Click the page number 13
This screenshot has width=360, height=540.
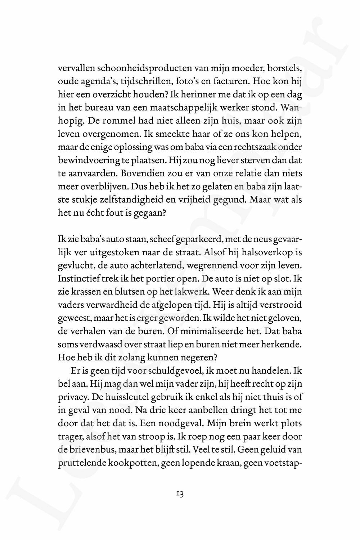pos(180,494)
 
